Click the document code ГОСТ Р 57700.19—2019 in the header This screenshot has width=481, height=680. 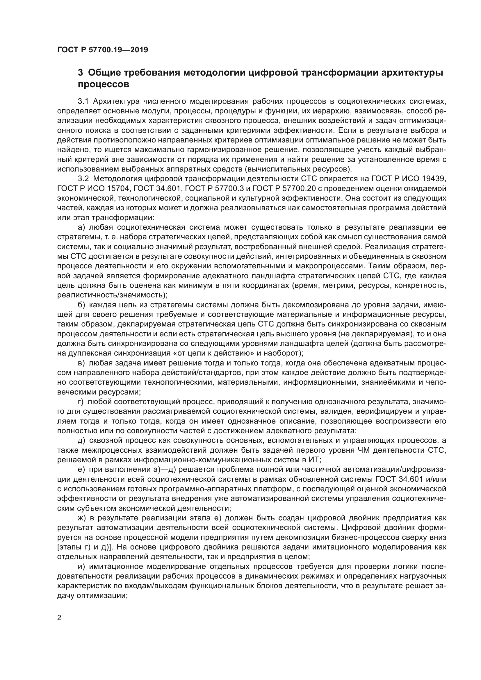click(x=102, y=50)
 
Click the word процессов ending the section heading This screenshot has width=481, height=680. click(x=103, y=84)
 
